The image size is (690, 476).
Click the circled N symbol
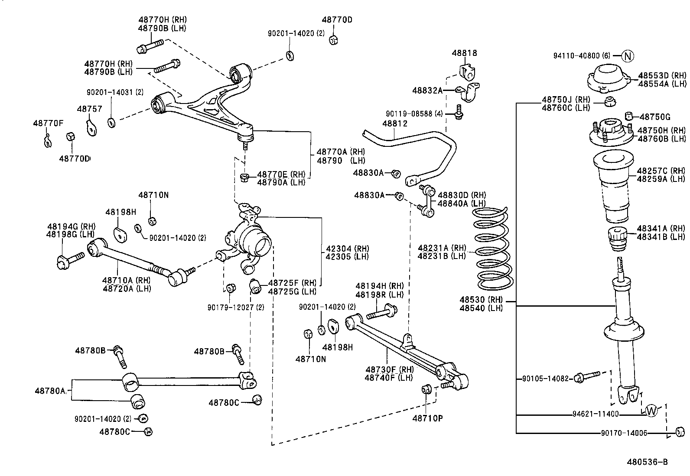tap(628, 56)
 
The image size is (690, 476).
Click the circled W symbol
tap(651, 410)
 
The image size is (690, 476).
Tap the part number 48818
tap(464, 53)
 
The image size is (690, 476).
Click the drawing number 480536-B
tap(647, 462)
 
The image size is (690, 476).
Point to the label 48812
tap(395, 124)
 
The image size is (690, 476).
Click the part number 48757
tap(90, 109)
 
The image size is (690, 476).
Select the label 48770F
tap(48, 123)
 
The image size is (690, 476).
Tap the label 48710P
tap(427, 418)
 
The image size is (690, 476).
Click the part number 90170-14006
tap(624, 433)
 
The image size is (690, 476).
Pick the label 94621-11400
tap(596, 414)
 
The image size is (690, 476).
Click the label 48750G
tap(655, 117)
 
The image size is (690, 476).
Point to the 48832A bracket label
tap(427, 91)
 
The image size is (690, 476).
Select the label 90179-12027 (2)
tap(235, 308)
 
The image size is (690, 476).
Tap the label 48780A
tap(50, 391)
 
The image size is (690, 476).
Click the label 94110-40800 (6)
tap(582, 56)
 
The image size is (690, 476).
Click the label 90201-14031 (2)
tap(115, 92)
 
